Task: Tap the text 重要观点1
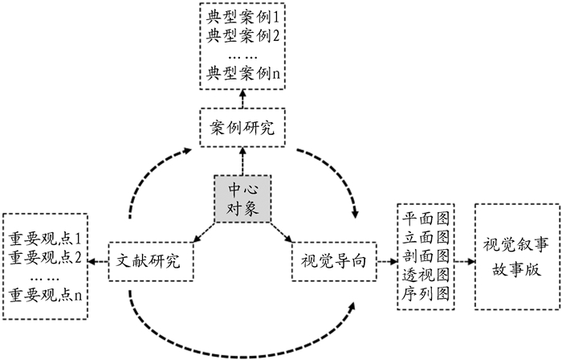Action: point(46,239)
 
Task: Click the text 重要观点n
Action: point(46,295)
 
